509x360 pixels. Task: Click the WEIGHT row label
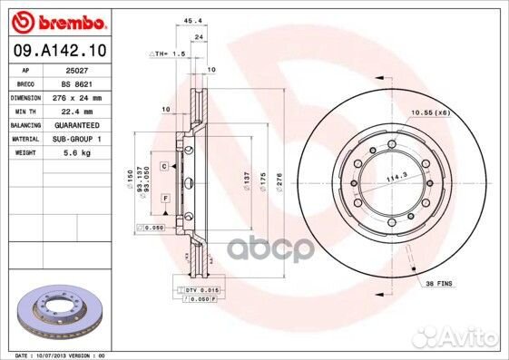26,153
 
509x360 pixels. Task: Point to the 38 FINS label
439,284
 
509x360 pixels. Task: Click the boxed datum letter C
165,167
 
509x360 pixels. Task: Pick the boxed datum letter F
166,198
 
